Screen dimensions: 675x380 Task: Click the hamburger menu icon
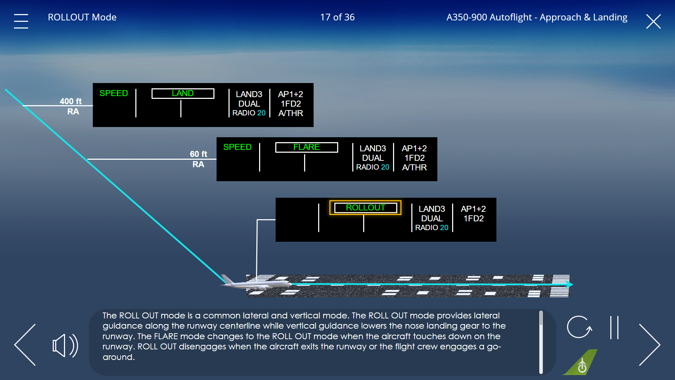(21, 21)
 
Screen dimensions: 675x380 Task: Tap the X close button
(654, 21)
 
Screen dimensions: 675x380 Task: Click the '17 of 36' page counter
(337, 17)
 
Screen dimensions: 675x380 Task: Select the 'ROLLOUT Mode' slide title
(82, 17)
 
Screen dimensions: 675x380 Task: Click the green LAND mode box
(183, 94)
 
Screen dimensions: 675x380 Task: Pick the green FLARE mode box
(307, 147)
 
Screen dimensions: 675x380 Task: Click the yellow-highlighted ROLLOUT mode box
(365, 208)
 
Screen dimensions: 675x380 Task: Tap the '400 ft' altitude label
(71, 101)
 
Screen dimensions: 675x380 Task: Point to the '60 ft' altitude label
(199, 154)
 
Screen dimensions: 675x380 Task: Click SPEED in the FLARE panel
(237, 147)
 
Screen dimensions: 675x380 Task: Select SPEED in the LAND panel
(114, 93)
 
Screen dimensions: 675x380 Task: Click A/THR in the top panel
(291, 113)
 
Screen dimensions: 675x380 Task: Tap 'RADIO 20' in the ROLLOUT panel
(432, 228)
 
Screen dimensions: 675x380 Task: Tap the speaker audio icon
(65, 346)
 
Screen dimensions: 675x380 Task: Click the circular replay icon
(579, 327)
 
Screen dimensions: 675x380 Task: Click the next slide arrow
(650, 345)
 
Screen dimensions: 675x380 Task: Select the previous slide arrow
(25, 345)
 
